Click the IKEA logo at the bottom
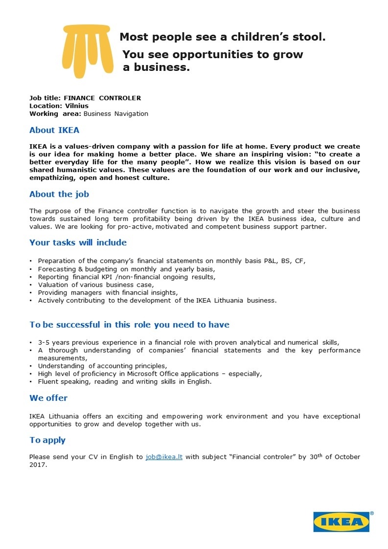(x=342, y=522)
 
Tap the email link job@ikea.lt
(x=164, y=457)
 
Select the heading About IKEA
(x=54, y=131)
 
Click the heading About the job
(x=59, y=194)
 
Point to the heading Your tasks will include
(x=78, y=242)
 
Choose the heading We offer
(x=48, y=398)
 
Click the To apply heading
(x=47, y=440)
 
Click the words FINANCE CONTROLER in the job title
(x=102, y=98)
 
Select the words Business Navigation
(x=116, y=113)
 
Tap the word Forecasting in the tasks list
(x=55, y=269)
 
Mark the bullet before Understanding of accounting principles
(x=31, y=366)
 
